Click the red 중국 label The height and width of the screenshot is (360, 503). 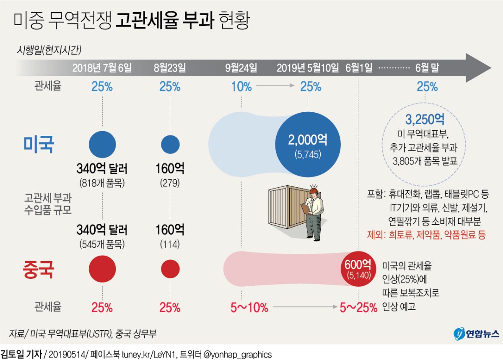click(39, 269)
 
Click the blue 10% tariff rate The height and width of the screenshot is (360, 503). click(241, 87)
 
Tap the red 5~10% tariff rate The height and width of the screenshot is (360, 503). click(249, 308)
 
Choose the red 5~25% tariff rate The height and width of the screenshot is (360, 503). click(358, 308)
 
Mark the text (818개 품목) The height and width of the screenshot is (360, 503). click(102, 183)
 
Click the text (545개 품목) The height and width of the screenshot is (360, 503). click(102, 244)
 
